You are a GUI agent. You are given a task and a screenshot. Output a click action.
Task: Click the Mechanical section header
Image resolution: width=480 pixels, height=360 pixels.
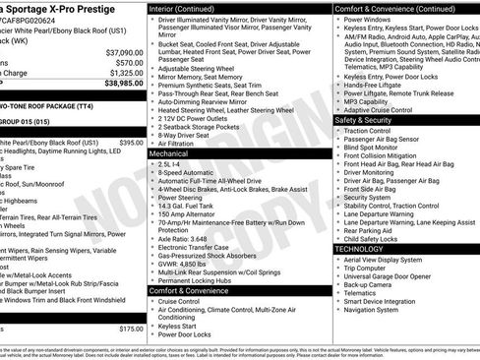168,154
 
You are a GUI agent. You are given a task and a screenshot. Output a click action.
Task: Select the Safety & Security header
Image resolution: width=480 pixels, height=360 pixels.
370,120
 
